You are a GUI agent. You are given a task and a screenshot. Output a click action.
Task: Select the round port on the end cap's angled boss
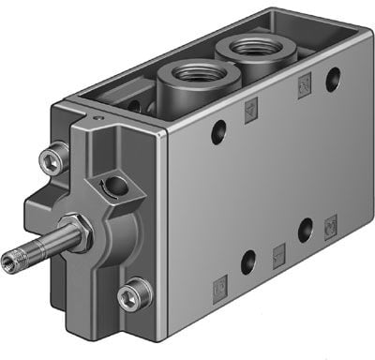116,187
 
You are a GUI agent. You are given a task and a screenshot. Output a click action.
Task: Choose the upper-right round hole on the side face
332,80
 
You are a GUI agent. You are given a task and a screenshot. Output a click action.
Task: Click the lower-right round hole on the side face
305,227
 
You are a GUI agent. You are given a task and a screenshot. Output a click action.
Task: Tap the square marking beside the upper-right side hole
303,88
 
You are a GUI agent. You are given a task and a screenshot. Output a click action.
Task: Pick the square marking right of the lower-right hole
330,225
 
